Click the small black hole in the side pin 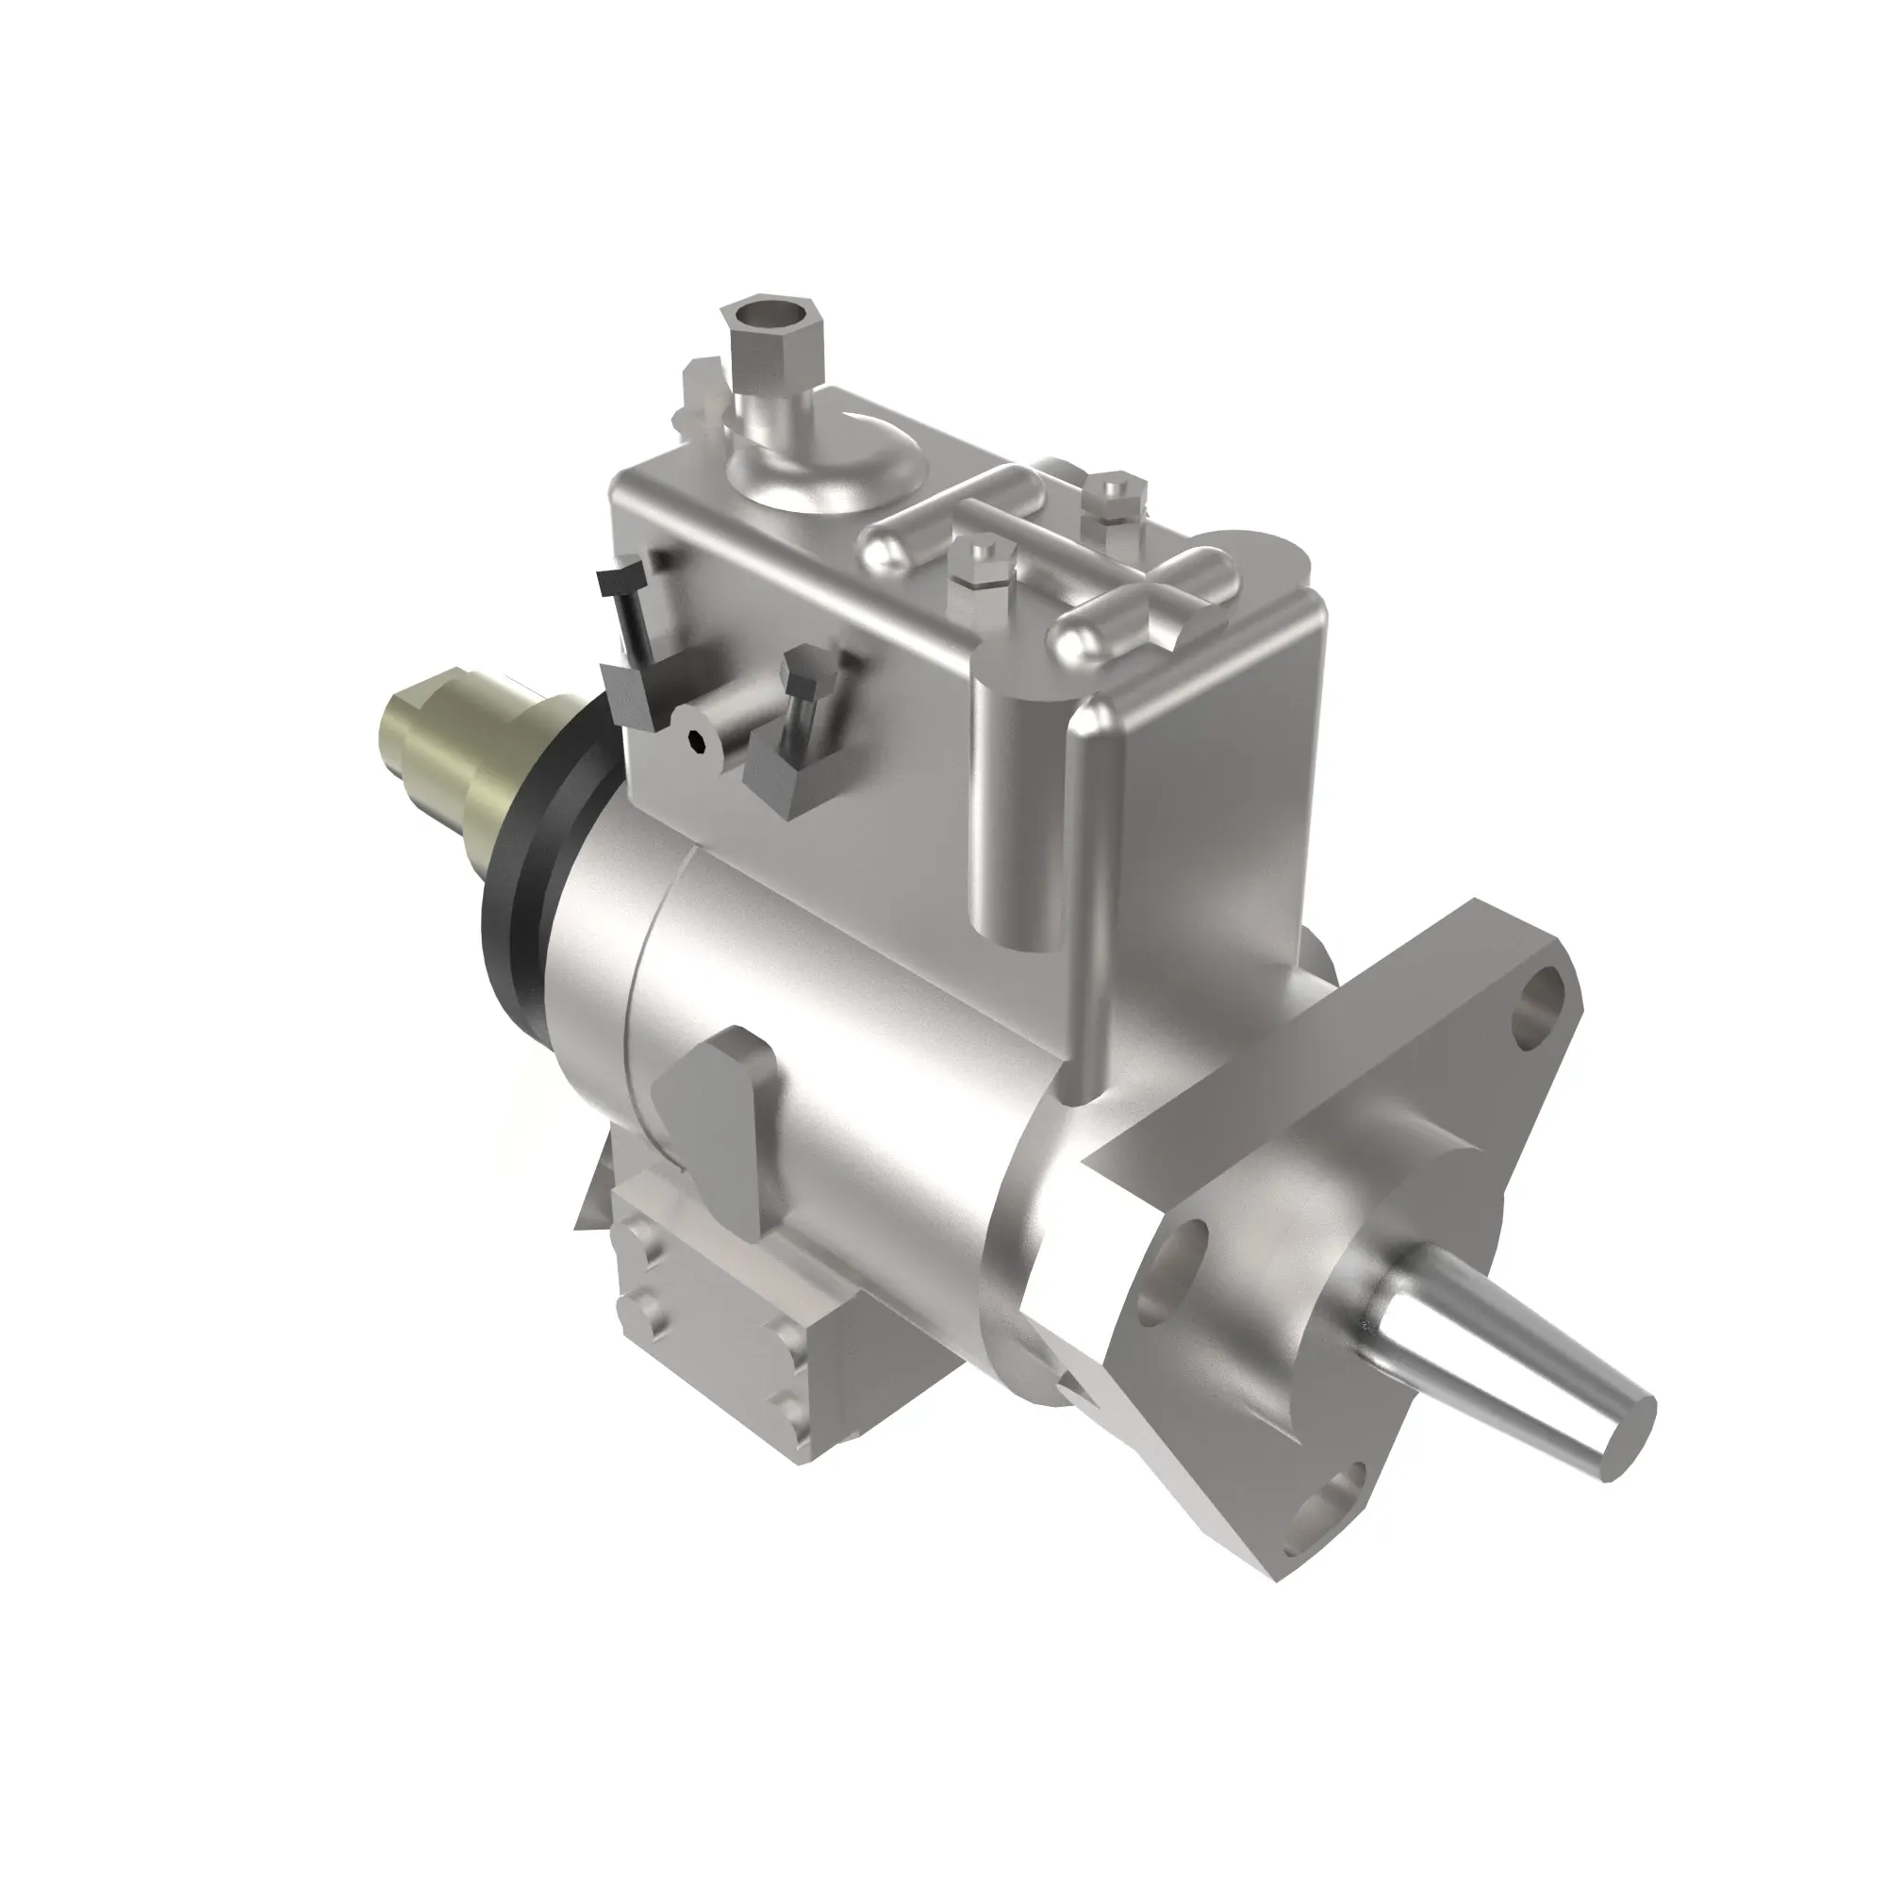point(694,741)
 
